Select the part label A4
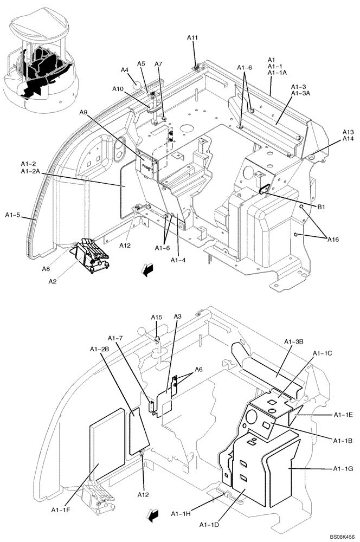click(x=124, y=70)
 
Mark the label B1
click(x=320, y=207)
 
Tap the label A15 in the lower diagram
click(x=156, y=318)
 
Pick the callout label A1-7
click(x=117, y=339)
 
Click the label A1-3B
click(x=293, y=341)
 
